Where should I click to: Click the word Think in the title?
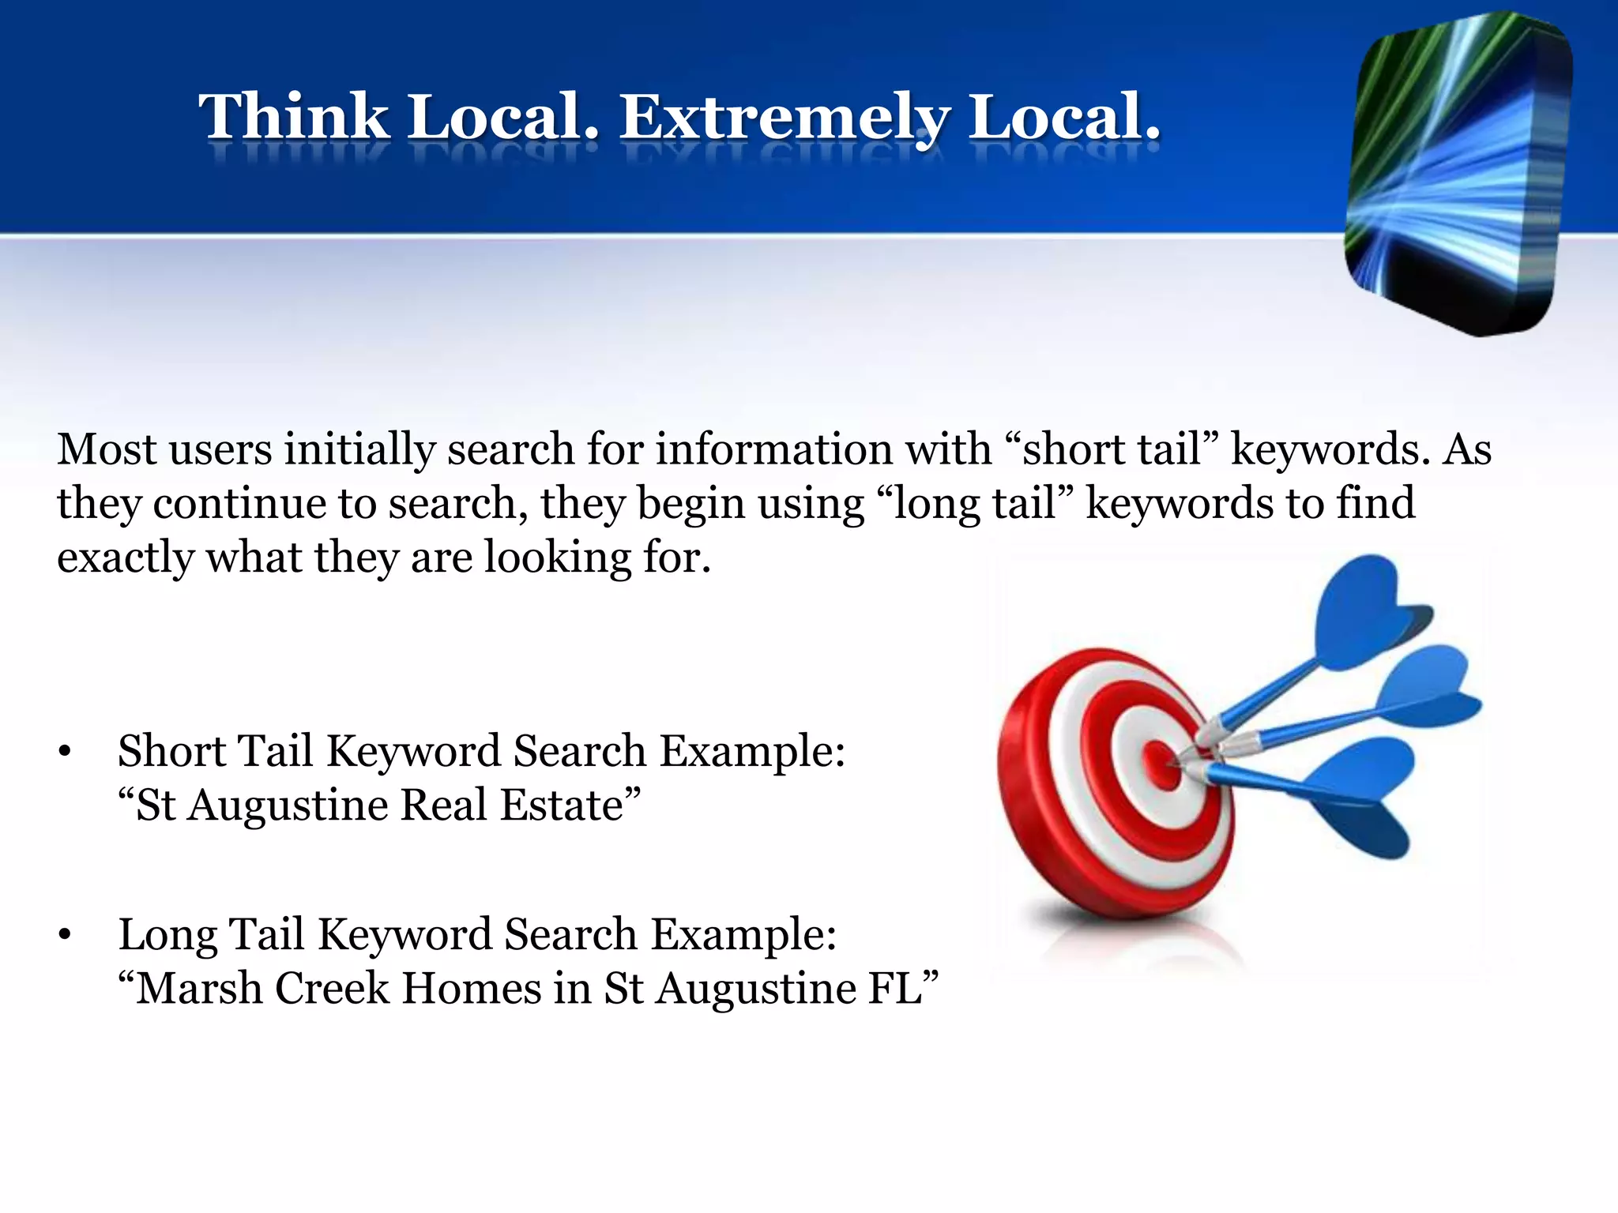tap(294, 117)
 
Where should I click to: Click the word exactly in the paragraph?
tap(125, 558)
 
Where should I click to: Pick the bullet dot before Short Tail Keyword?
tap(65, 751)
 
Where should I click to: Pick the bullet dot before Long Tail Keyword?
tap(65, 935)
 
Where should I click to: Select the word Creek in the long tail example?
tap(332, 988)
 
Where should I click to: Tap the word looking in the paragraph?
tap(558, 558)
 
